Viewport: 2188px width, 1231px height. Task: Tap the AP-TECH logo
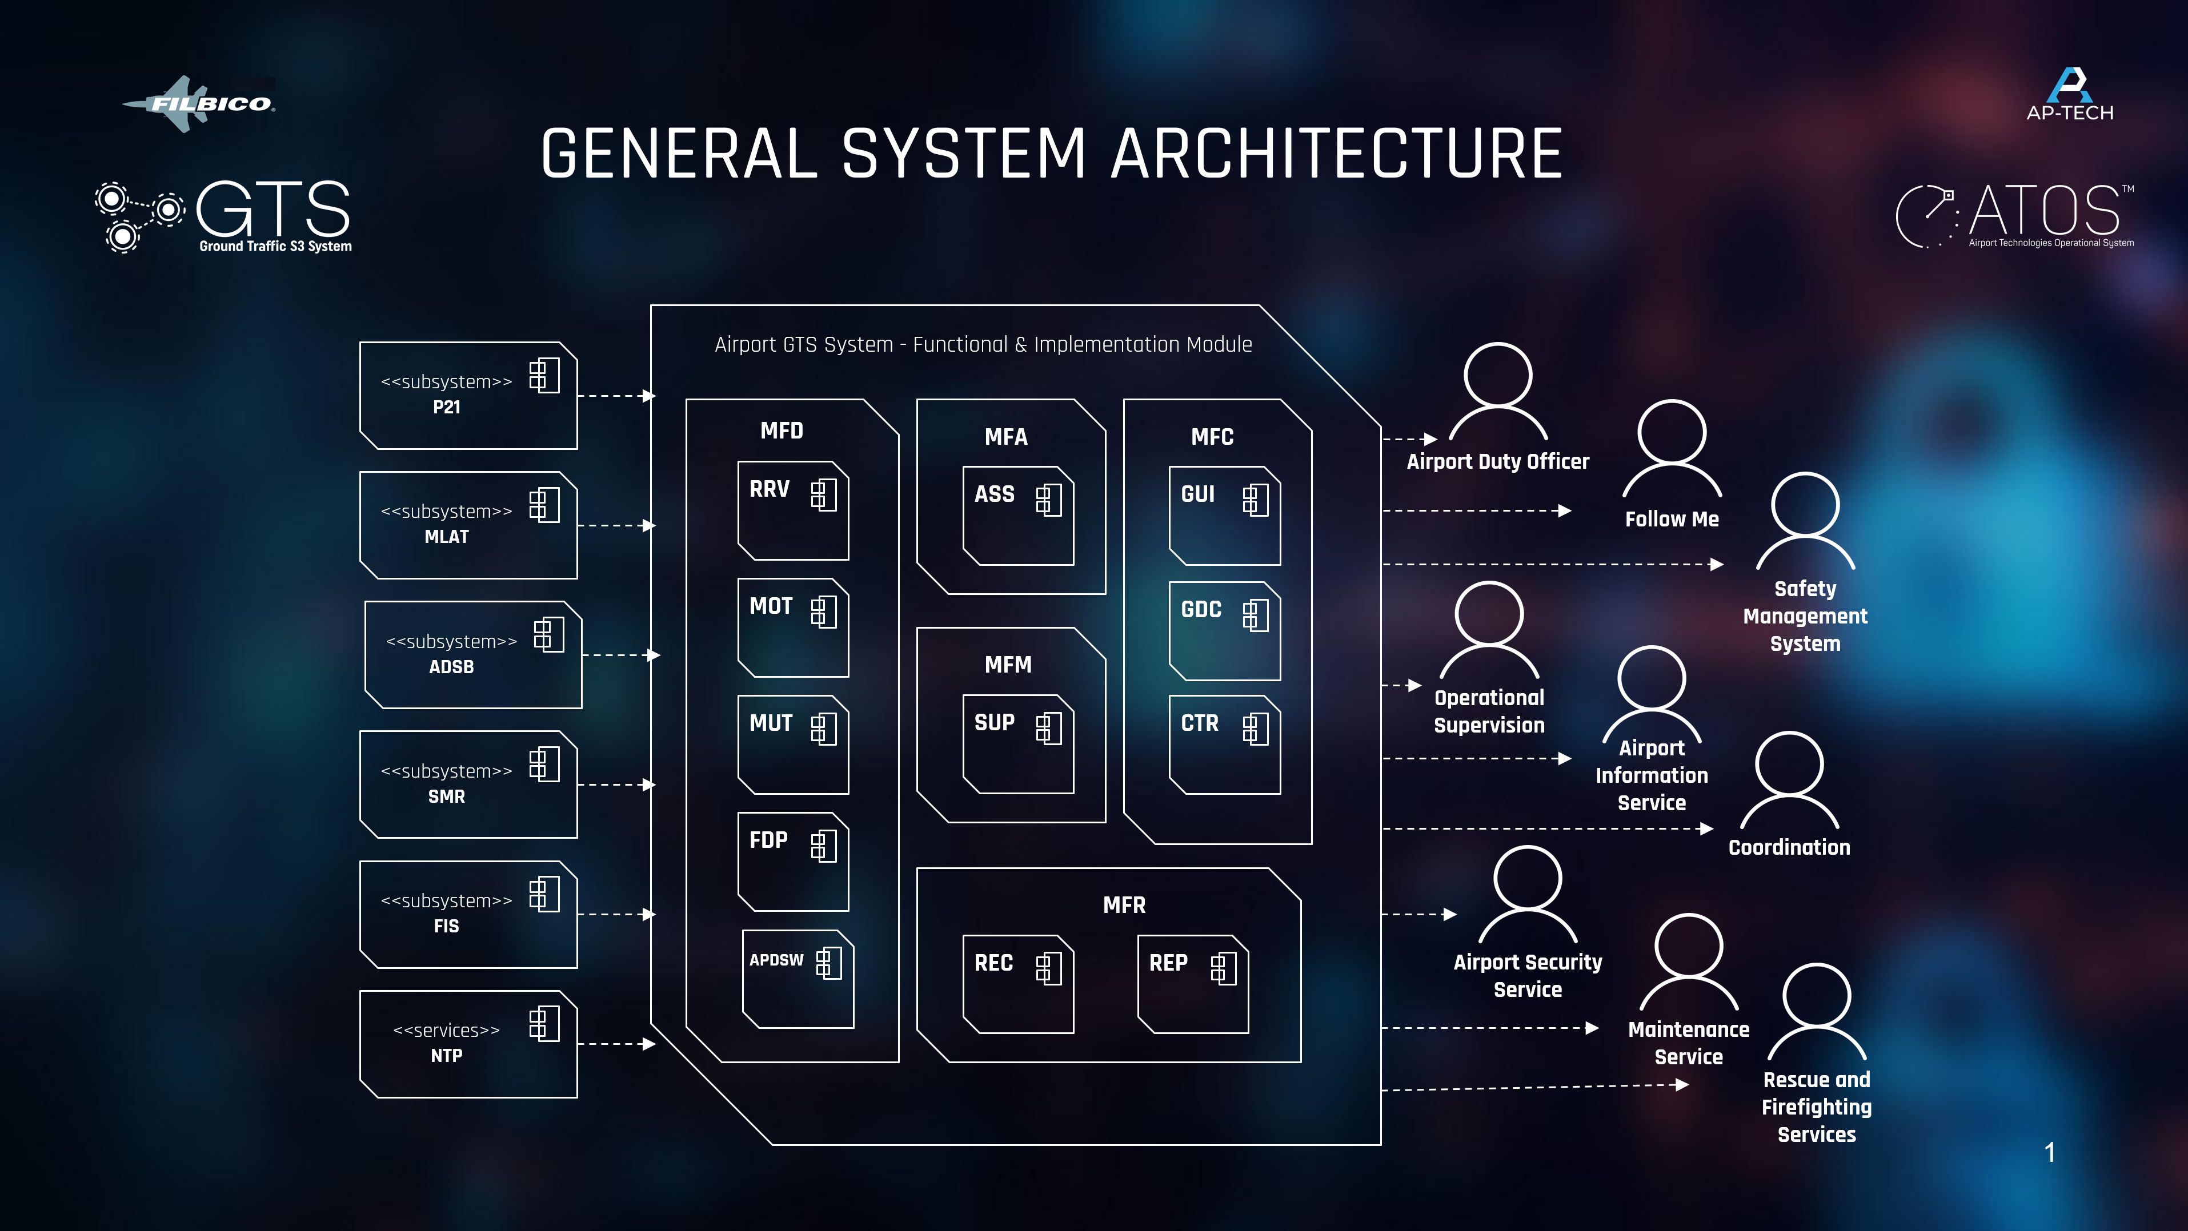click(2069, 95)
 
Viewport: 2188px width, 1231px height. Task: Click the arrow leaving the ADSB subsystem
click(620, 655)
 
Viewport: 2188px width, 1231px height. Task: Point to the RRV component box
click(792, 510)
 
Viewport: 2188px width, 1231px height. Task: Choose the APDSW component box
click(798, 979)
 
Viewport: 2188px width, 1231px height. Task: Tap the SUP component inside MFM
click(1017, 744)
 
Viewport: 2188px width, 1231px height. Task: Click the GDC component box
click(1224, 631)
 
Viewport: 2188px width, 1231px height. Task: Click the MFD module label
click(782, 431)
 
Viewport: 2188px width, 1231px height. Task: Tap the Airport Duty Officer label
click(1497, 462)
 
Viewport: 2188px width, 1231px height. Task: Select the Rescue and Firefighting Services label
click(1816, 1107)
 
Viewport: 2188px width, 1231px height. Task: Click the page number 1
click(2050, 1152)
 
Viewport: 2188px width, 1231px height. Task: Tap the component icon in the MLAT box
click(544, 505)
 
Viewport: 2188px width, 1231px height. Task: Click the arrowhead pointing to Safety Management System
click(1717, 564)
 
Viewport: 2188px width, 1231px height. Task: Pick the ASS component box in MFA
click(1017, 516)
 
